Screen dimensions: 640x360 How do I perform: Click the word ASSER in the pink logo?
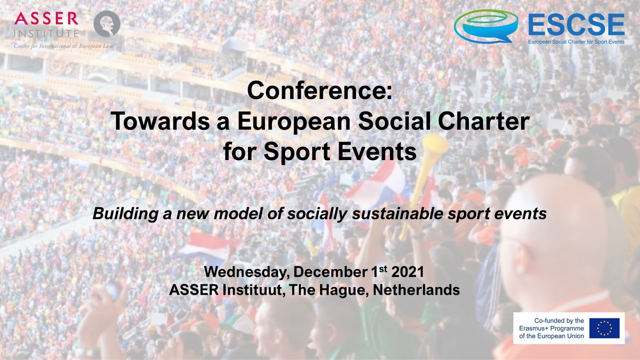click(46, 18)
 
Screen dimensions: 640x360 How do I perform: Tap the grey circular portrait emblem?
click(107, 23)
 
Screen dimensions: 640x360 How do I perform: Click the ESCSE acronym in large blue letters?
click(576, 24)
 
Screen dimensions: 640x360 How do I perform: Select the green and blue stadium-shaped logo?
click(486, 26)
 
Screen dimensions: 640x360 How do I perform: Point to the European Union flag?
click(604, 328)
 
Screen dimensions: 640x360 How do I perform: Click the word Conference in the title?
click(316, 90)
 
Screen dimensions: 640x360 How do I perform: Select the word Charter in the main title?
click(483, 121)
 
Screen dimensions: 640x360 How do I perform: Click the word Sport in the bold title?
click(297, 151)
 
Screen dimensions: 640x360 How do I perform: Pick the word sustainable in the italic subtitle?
click(397, 213)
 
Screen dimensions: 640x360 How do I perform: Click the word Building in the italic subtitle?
click(125, 213)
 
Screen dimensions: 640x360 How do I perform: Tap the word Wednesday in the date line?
click(245, 272)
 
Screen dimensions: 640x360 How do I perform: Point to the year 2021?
click(407, 271)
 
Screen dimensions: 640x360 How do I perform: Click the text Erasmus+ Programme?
click(551, 328)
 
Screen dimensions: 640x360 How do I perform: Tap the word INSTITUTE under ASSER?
click(46, 33)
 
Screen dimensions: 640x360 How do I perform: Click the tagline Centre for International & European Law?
click(63, 46)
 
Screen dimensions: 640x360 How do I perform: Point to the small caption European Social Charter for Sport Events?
click(576, 41)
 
